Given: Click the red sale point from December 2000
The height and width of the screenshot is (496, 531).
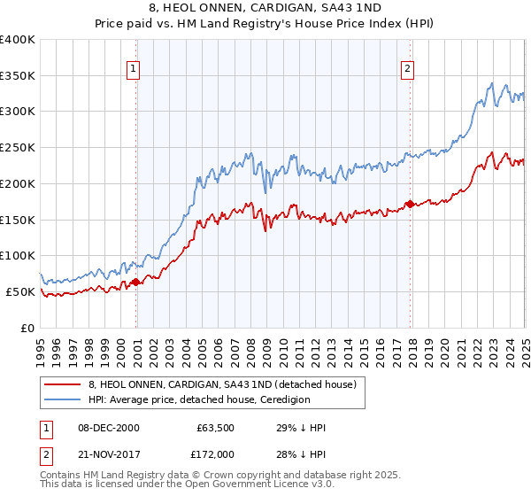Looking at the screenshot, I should (136, 282).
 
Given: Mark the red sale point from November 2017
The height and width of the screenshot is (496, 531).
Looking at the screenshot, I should (410, 204).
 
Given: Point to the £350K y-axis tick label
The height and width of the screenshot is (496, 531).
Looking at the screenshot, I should (18, 76).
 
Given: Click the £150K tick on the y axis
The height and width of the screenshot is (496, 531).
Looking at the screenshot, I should (18, 220).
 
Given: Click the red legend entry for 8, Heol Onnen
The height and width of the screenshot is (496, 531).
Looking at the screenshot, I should (222, 384).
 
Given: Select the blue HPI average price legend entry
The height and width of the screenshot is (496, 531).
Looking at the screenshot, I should (198, 399).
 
